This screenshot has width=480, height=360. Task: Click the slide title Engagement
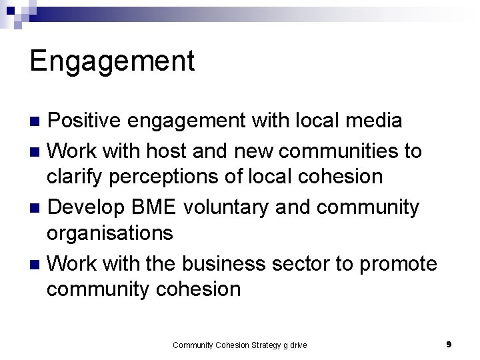[x=112, y=61]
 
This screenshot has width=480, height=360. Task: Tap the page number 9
[x=449, y=344]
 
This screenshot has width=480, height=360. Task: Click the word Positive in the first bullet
[x=85, y=121]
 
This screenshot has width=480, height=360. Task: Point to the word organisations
[x=109, y=233]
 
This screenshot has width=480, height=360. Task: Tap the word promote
[x=398, y=264]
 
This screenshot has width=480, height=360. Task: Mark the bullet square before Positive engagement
[x=37, y=121]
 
